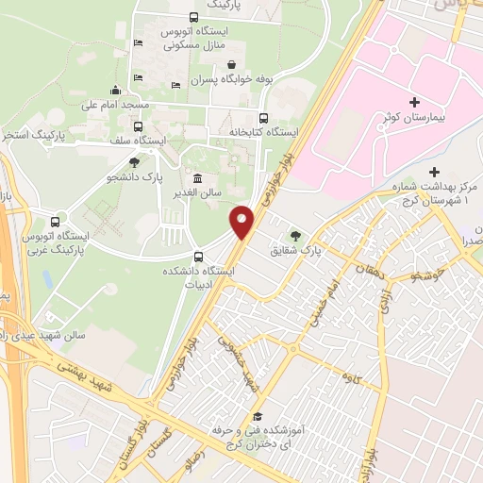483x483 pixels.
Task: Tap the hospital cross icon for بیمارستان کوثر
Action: click(x=415, y=102)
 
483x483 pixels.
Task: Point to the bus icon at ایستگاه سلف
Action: click(x=138, y=126)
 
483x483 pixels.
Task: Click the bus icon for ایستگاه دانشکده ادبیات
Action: click(x=198, y=256)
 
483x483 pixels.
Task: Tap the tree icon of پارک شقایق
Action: click(x=297, y=235)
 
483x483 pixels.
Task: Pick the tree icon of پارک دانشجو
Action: click(x=133, y=162)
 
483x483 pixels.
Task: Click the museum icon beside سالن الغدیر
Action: click(x=197, y=178)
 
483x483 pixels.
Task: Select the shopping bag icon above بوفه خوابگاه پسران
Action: click(x=232, y=64)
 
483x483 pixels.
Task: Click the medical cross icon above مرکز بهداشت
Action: click(x=434, y=172)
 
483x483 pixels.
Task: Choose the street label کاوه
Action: click(x=352, y=378)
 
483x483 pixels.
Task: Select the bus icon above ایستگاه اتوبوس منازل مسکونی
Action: click(x=193, y=16)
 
